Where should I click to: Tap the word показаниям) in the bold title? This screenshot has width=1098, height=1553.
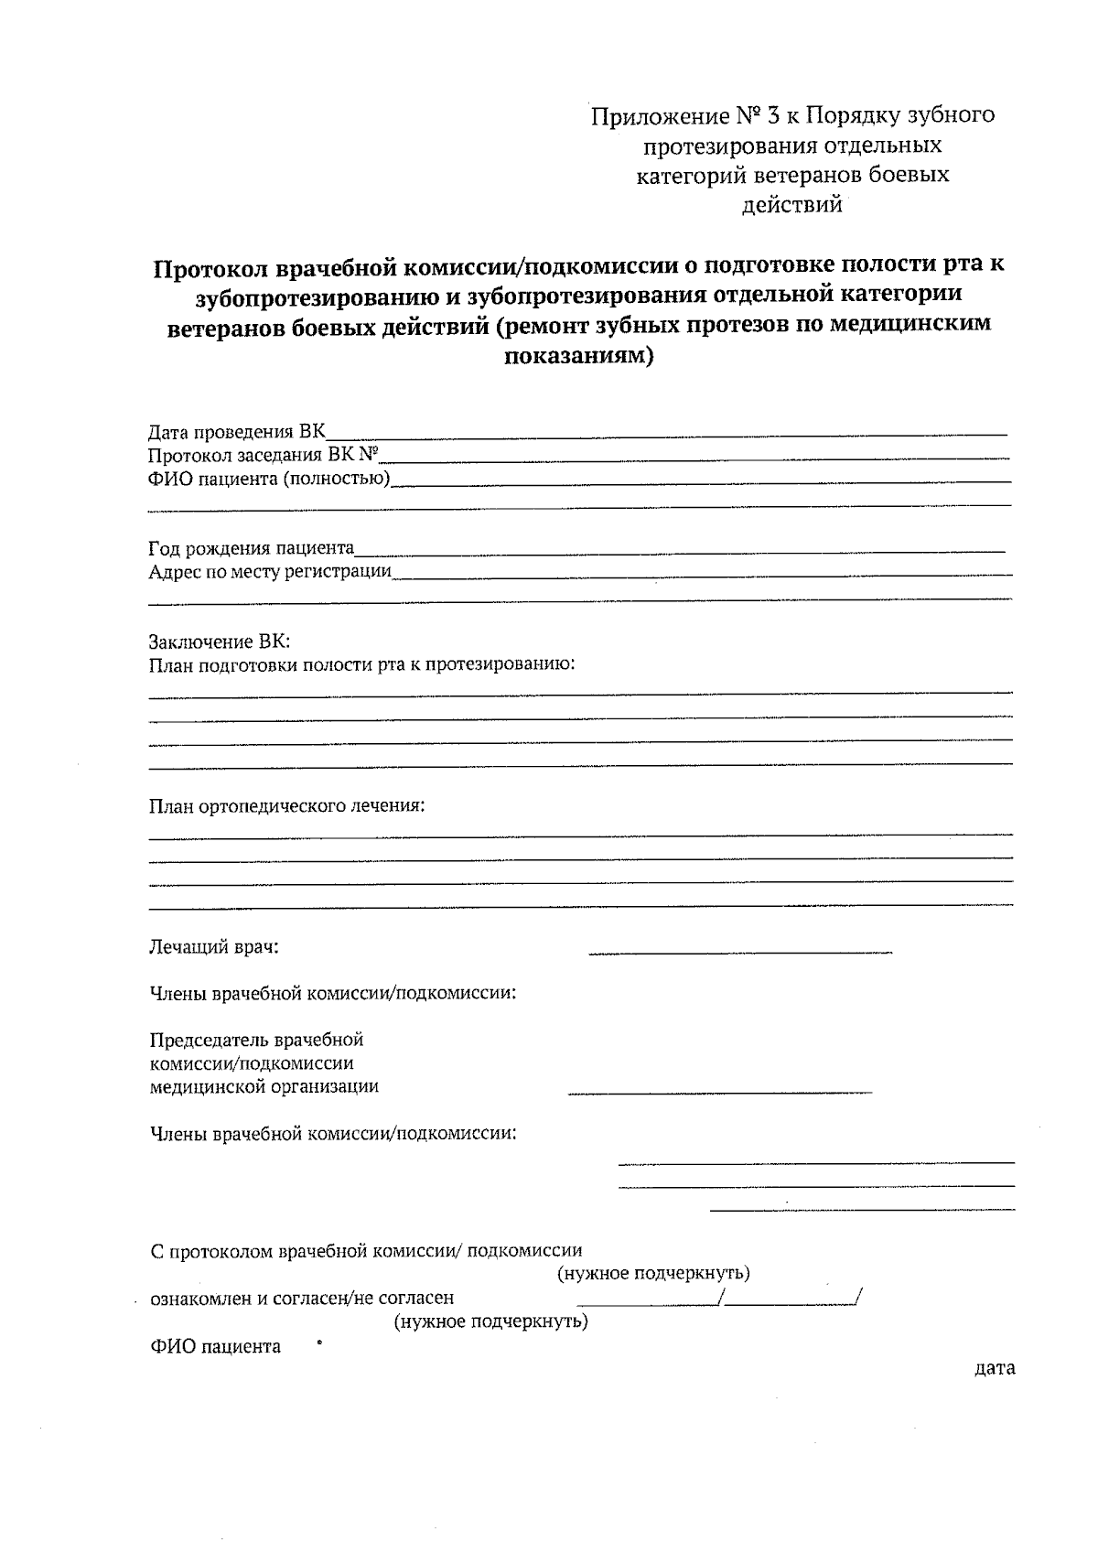click(x=579, y=356)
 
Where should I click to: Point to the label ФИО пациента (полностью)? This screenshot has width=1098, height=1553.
click(x=269, y=479)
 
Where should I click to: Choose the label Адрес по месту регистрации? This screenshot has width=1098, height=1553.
click(x=270, y=572)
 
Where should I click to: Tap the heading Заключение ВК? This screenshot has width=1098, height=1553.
click(x=219, y=642)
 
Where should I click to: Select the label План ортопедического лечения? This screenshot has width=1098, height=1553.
click(x=287, y=806)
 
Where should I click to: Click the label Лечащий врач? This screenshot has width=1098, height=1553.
click(x=213, y=947)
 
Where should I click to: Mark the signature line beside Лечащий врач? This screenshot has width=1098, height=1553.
click(x=739, y=954)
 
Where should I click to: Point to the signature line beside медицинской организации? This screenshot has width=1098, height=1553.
click(x=719, y=1092)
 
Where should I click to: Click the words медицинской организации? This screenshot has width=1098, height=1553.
click(x=264, y=1087)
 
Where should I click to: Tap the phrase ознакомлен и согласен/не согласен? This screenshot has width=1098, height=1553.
click(x=301, y=1298)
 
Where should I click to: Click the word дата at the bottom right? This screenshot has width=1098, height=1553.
click(x=995, y=1369)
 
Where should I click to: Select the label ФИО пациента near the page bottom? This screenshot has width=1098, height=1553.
click(x=215, y=1347)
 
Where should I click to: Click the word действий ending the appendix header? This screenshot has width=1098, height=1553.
click(x=791, y=205)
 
